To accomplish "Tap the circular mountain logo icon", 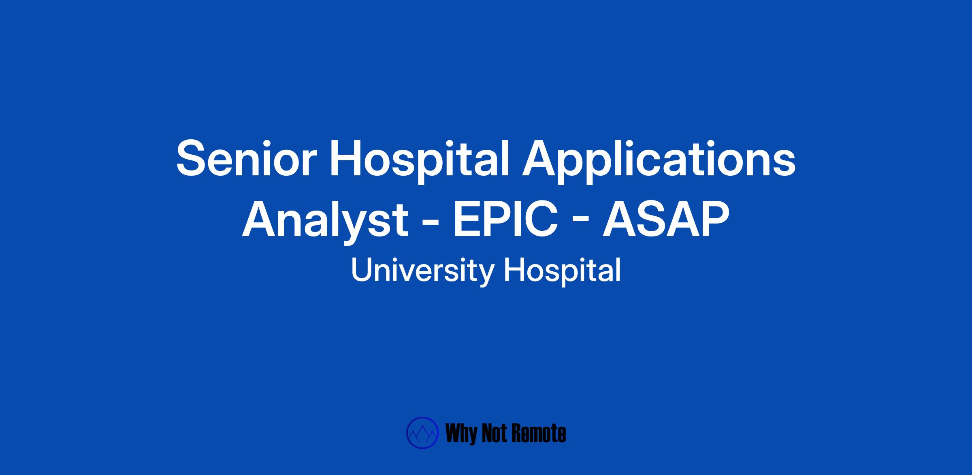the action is point(422,433).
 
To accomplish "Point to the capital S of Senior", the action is point(190,158).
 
